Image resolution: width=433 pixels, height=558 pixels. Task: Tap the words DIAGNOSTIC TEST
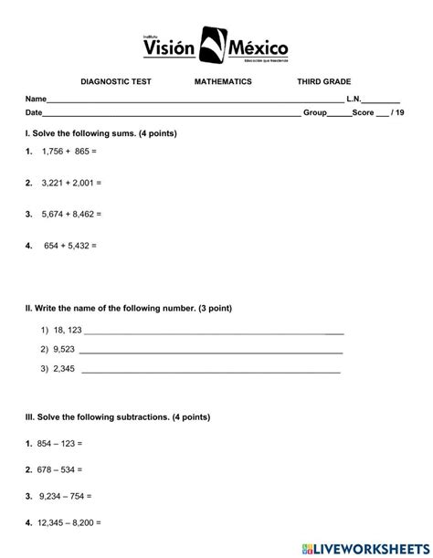click(x=116, y=82)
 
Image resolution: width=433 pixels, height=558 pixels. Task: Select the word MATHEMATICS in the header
click(x=223, y=82)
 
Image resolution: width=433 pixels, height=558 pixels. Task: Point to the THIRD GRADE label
click(x=323, y=82)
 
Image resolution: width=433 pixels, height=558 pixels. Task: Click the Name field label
click(x=36, y=99)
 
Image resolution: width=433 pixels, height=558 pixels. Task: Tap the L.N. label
click(x=354, y=99)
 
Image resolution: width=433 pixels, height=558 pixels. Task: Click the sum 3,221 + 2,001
click(x=71, y=183)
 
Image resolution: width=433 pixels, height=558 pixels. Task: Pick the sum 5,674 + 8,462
click(x=71, y=214)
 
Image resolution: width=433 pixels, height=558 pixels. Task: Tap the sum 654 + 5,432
click(x=69, y=246)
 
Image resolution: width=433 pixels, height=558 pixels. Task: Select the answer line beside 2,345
click(x=211, y=371)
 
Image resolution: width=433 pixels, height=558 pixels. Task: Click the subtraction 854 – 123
click(x=59, y=443)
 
